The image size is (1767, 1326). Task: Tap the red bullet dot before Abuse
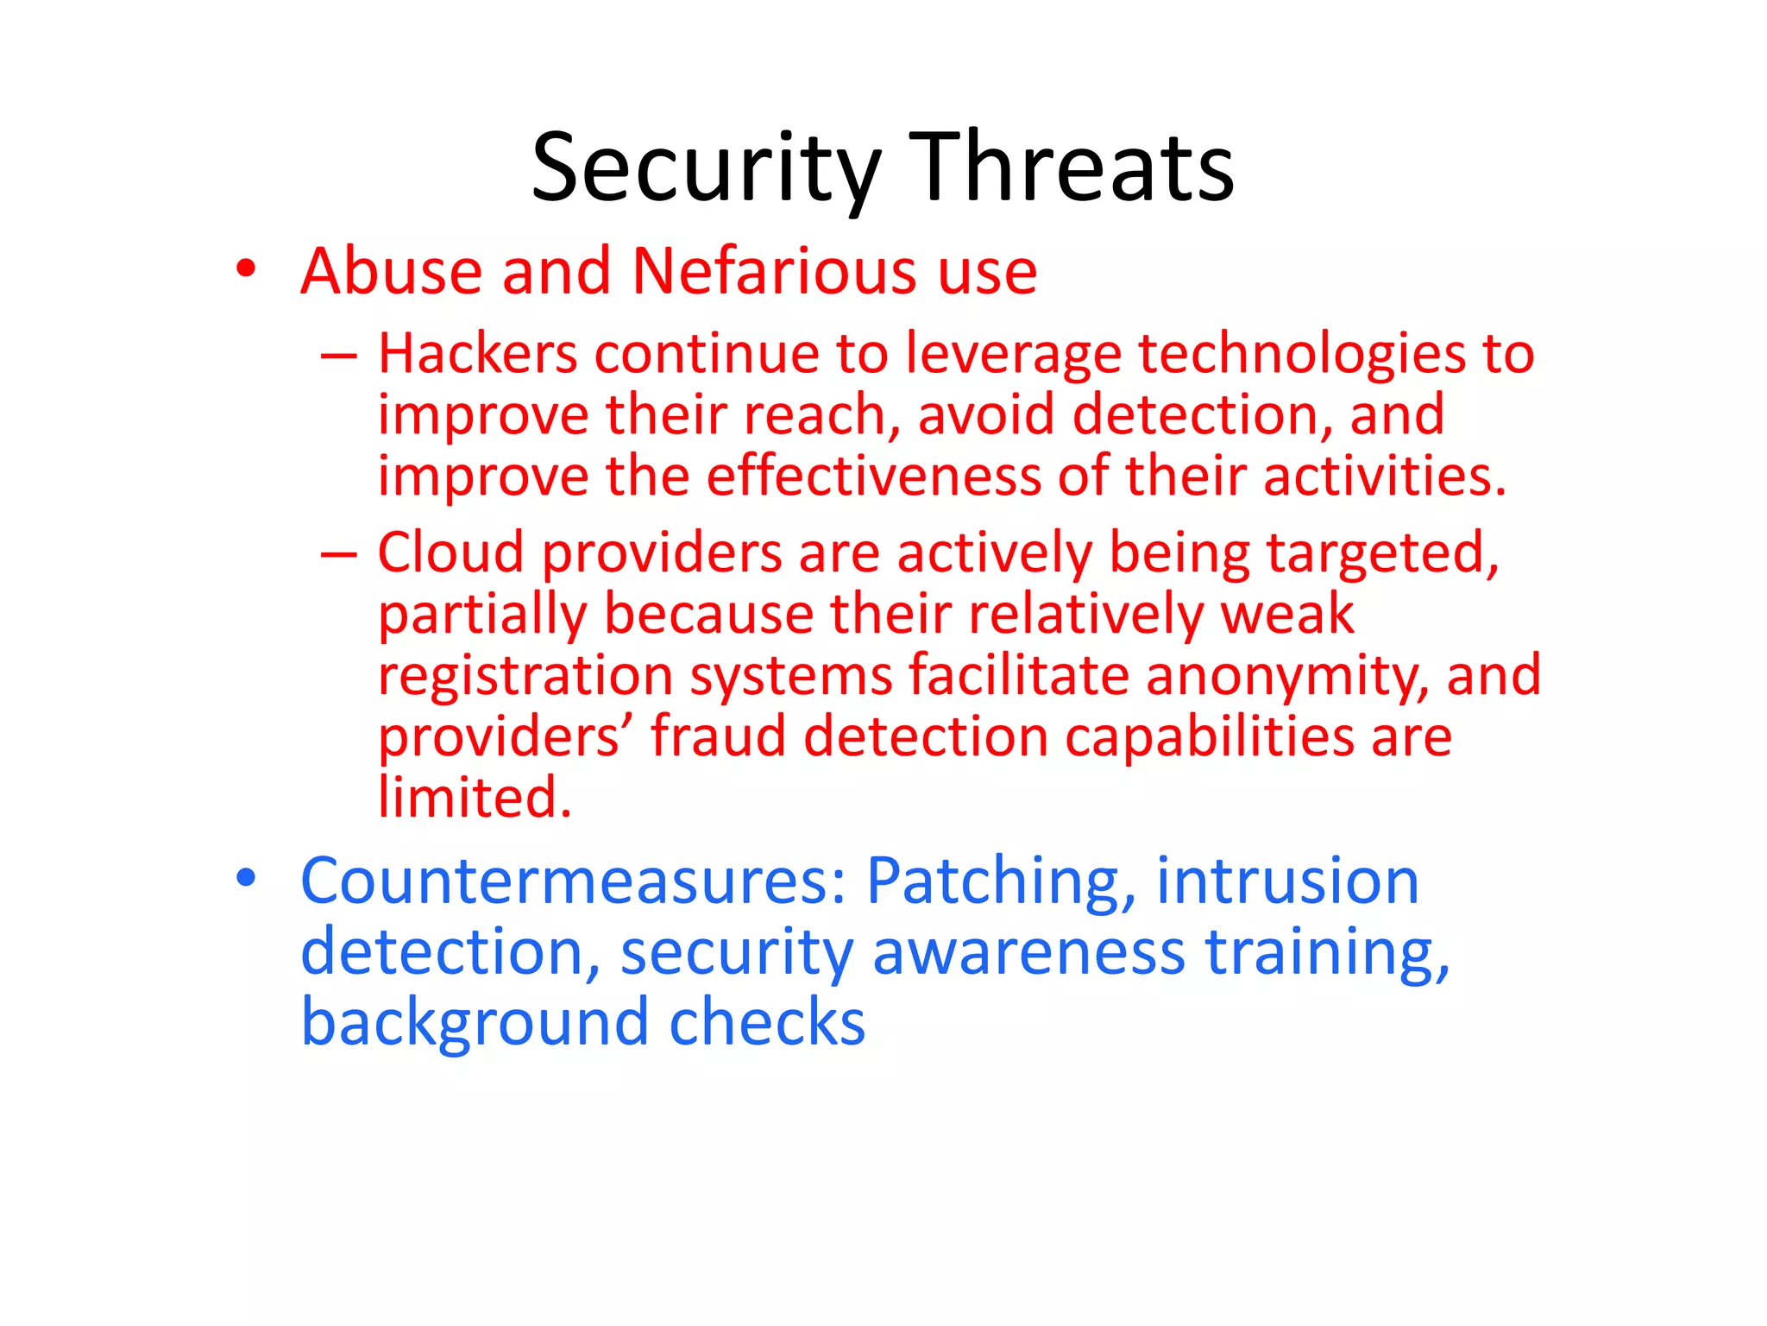click(246, 268)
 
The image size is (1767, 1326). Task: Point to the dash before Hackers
click(338, 356)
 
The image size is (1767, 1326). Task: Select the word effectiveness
click(874, 477)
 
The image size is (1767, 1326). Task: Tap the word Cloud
click(450, 552)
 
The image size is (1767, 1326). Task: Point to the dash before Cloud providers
click(338, 554)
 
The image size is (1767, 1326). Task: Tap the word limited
click(474, 798)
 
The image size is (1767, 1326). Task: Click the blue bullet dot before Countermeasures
click(246, 878)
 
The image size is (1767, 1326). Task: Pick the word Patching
click(1001, 882)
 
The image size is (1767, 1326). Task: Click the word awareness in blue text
click(1028, 953)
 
